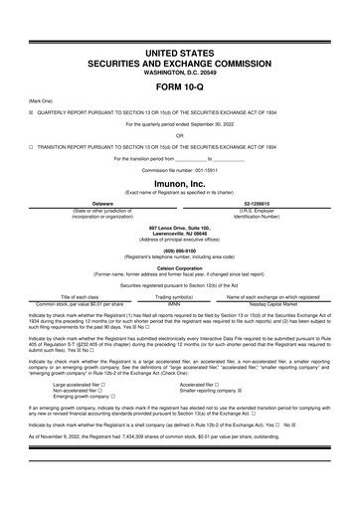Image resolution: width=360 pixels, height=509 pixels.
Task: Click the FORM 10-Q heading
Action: click(180, 86)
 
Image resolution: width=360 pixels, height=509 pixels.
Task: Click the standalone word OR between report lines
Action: click(180, 135)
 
